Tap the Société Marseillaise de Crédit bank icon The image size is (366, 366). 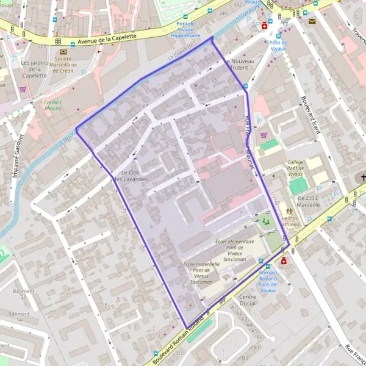[63, 52]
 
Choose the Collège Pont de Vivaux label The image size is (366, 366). [295, 168]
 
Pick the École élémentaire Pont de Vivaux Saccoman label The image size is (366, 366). [235, 250]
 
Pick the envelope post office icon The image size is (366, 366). [312, 21]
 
